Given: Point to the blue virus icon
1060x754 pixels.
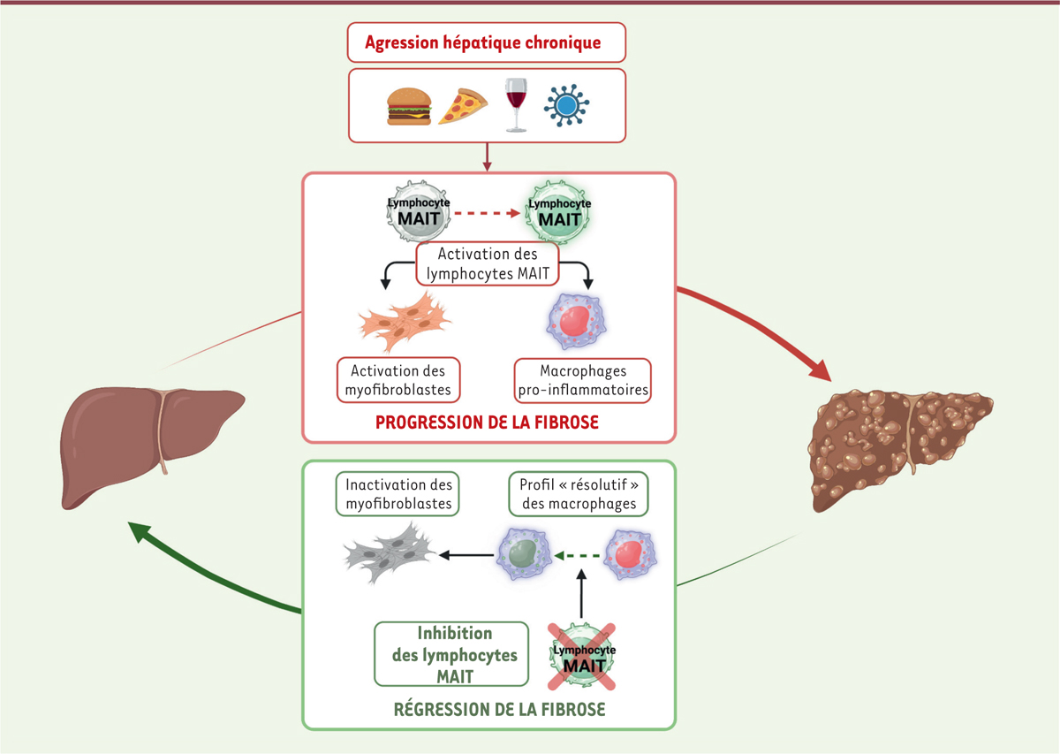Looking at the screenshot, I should click(566, 104).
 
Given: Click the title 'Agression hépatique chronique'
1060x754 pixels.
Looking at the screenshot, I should click(487, 42).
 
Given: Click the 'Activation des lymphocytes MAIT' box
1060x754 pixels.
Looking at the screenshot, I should click(488, 263).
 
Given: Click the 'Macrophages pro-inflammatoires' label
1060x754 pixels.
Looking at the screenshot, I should click(582, 380).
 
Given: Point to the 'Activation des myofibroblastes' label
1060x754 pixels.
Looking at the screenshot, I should click(398, 380).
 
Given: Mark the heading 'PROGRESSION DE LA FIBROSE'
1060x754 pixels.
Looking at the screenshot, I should click(487, 423).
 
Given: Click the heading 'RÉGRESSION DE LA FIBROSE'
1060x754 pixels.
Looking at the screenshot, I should click(488, 709).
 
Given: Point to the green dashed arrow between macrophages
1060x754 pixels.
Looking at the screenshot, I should click(578, 556).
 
